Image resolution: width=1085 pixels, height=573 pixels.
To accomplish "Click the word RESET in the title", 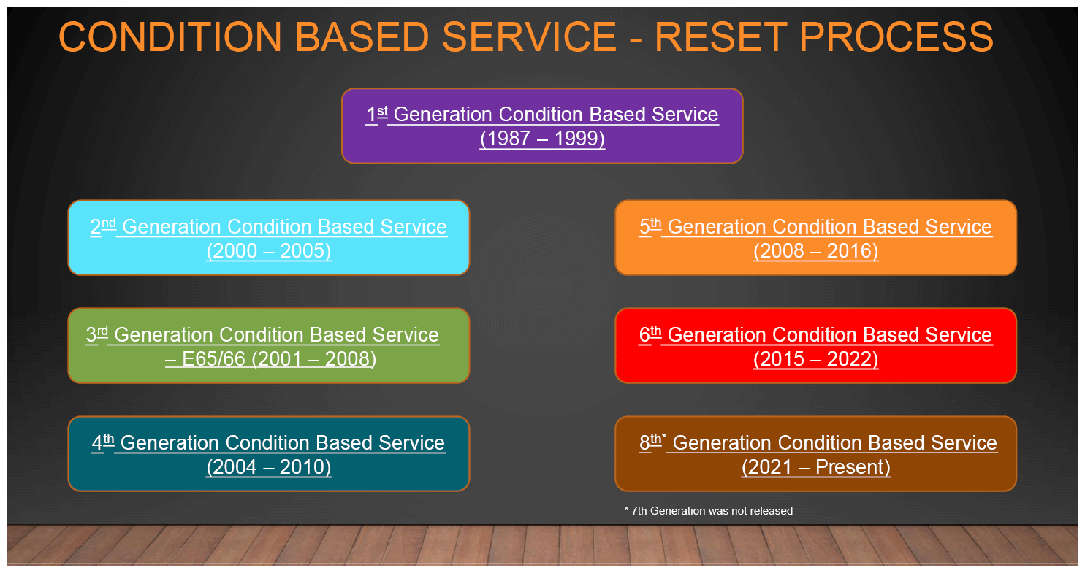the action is [x=720, y=36].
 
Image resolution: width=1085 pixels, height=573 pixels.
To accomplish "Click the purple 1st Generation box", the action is [x=542, y=126].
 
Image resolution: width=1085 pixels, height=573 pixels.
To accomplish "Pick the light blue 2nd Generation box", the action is [x=269, y=238].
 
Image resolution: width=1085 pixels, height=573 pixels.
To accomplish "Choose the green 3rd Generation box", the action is [x=269, y=345].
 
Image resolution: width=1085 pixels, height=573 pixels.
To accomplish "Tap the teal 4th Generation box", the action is [x=269, y=453].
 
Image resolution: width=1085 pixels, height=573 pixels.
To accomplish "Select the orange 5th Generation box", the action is [x=815, y=238].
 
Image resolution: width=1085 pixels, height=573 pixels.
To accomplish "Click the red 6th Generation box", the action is [x=815, y=345].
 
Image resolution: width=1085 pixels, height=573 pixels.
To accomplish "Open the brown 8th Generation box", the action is [x=815, y=453].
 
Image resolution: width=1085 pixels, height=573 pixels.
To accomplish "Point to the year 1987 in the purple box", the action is [x=509, y=139].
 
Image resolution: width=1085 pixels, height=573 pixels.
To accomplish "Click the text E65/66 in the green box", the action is [x=213, y=359].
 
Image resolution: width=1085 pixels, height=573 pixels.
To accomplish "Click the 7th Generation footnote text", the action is [x=709, y=510].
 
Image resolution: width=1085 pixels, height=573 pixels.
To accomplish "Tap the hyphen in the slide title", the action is [x=636, y=39].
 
